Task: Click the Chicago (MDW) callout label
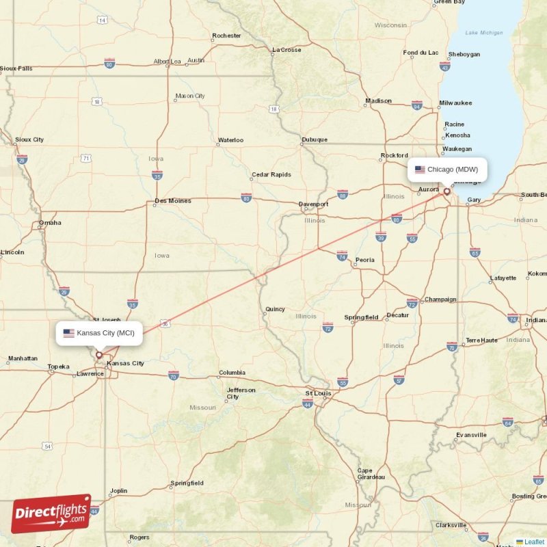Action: pyautogui.click(x=447, y=170)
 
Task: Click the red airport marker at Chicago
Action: pyautogui.click(x=446, y=192)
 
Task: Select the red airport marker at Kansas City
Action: pyautogui.click(x=98, y=355)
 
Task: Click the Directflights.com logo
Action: pyautogui.click(x=51, y=513)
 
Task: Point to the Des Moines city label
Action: pyautogui.click(x=172, y=201)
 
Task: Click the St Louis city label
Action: pyautogui.click(x=318, y=393)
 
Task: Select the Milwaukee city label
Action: pyautogui.click(x=455, y=103)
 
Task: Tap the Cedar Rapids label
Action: pyautogui.click(x=271, y=174)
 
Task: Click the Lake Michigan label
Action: pyautogui.click(x=483, y=33)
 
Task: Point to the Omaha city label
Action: pyautogui.click(x=50, y=222)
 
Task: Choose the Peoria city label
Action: pyautogui.click(x=364, y=260)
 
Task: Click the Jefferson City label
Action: pyautogui.click(x=241, y=393)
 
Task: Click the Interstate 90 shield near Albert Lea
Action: pyautogui.click(x=109, y=64)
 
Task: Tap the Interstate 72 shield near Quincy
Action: pyautogui.click(x=328, y=329)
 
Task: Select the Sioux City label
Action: pyautogui.click(x=29, y=139)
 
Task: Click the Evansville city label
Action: pyautogui.click(x=471, y=434)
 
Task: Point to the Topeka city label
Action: pyautogui.click(x=58, y=366)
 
